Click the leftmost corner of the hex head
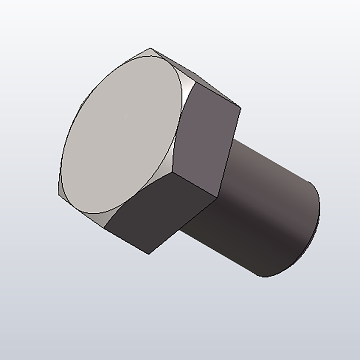click(58, 195)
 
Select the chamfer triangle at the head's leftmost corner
click(61, 191)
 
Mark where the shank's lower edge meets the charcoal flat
click(180, 230)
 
